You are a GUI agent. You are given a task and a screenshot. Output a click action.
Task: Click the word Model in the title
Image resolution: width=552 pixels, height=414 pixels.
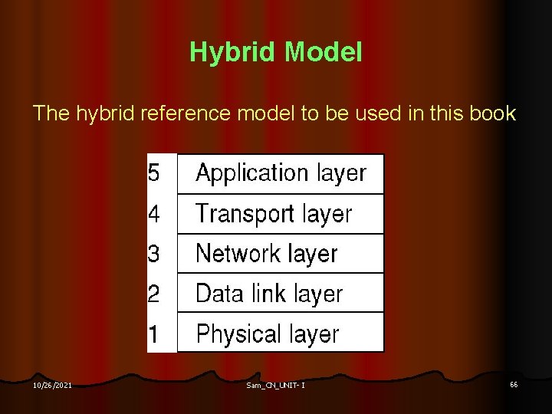(323, 53)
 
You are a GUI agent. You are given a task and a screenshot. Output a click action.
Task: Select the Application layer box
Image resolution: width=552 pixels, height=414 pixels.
(281, 173)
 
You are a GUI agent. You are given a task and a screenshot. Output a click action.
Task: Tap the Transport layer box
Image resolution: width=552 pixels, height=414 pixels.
(281, 214)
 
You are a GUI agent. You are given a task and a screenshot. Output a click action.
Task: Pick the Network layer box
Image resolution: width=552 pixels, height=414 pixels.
(281, 253)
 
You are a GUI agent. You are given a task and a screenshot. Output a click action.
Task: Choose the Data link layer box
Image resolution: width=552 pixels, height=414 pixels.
(281, 293)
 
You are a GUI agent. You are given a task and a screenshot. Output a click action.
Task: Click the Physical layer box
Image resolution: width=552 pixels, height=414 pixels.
(281, 333)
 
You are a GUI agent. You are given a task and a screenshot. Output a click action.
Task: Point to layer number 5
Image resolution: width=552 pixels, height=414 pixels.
(154, 173)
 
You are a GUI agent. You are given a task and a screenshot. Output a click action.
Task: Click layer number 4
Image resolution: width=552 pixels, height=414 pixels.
(154, 214)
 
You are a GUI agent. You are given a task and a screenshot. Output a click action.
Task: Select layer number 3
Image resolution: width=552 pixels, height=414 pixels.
(154, 253)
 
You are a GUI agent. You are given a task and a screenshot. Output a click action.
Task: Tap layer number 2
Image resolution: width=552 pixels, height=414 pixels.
(154, 293)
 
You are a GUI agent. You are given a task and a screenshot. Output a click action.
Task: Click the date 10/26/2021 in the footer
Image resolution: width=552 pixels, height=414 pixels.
(53, 385)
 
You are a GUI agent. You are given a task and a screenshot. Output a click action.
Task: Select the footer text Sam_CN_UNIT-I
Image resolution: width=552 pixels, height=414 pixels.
(276, 385)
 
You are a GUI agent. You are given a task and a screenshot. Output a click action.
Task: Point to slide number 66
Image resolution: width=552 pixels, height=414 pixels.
(513, 384)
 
